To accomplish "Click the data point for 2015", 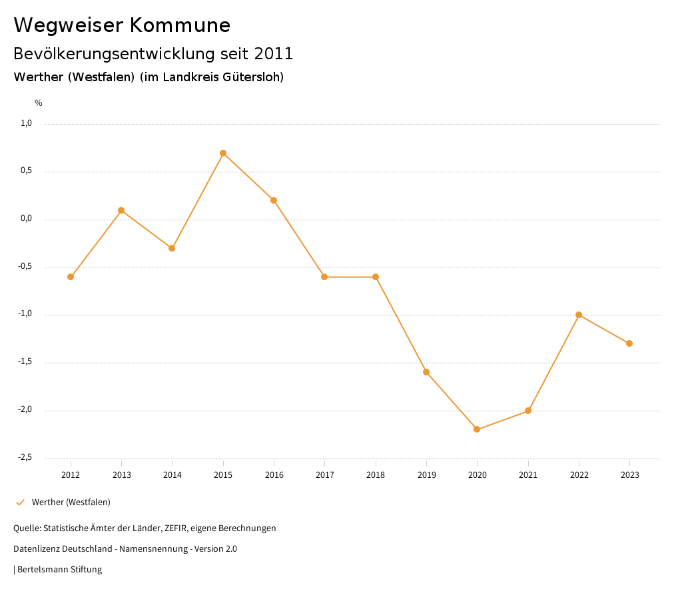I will point(223,153).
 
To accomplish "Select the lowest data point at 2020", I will point(477,429).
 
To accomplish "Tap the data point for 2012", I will point(71,277).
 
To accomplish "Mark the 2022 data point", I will point(579,315).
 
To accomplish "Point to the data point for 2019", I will point(426,372).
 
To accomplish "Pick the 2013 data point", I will point(121,210).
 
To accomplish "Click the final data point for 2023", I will point(629,343).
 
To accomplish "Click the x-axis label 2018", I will point(376,475).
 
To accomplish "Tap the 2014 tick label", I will point(172,475).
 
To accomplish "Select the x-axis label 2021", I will point(528,475).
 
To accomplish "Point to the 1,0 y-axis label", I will point(26,123).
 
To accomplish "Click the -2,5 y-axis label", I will point(25,457).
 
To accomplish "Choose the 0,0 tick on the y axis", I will point(26,218).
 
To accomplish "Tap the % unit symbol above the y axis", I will point(39,103).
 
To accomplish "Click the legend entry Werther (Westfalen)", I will point(71,502).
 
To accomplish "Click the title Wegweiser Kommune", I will point(122,25).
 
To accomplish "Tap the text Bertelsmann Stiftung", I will point(59,570).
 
